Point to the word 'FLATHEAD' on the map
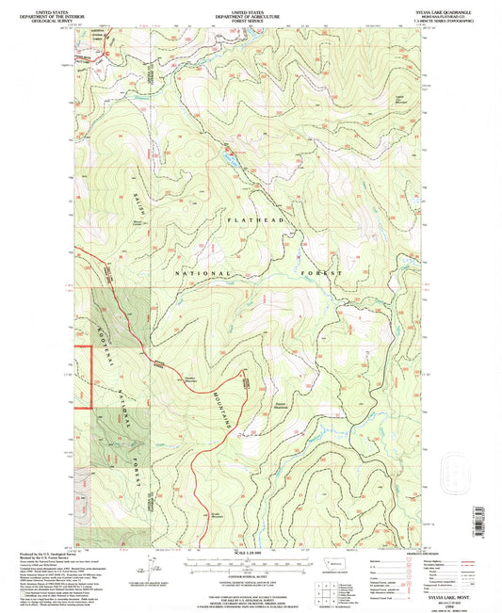coord(251,219)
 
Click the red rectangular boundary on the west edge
coord(81,377)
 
